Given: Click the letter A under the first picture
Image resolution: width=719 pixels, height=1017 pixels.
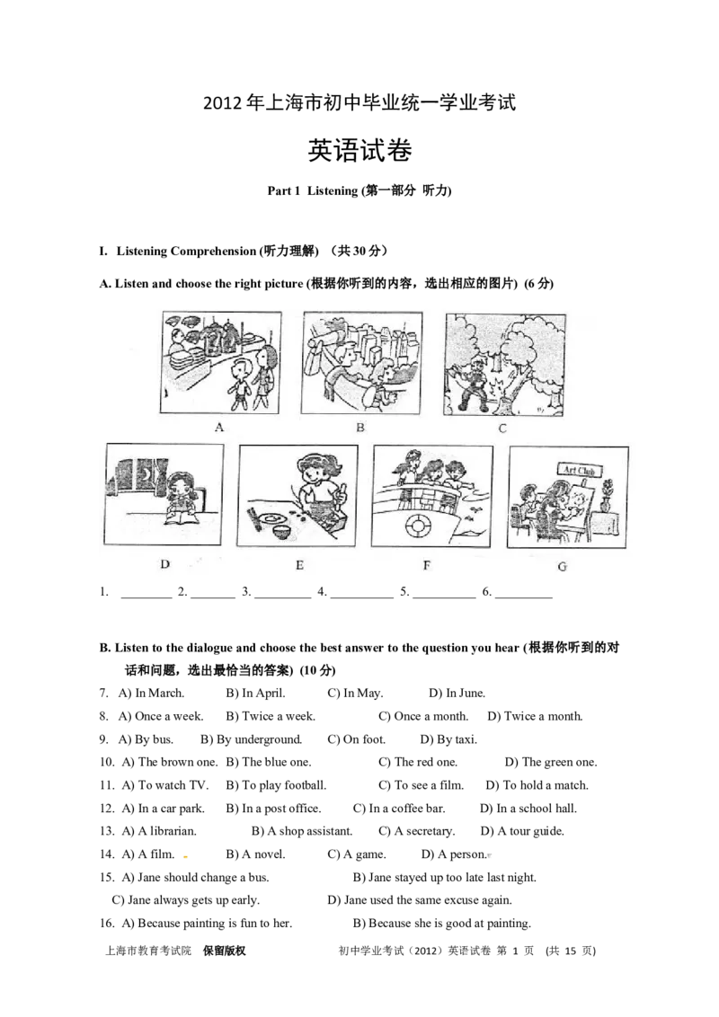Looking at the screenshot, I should tap(219, 428).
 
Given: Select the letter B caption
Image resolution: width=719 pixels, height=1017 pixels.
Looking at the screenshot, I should tap(360, 428).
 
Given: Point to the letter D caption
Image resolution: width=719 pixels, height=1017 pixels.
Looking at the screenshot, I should tap(164, 565).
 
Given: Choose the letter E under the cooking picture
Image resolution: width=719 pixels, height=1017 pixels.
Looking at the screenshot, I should tap(299, 565).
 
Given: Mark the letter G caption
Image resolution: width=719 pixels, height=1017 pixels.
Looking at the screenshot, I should tap(564, 566).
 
